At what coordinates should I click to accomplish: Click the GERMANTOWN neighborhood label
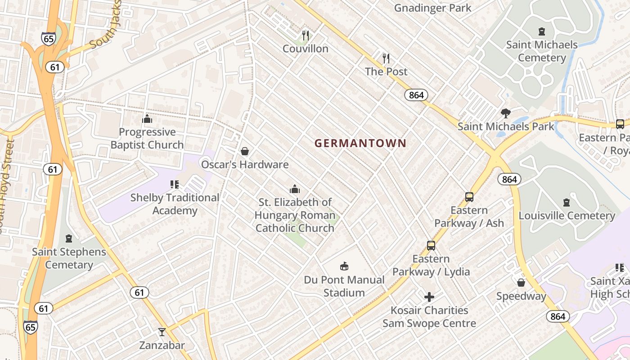pyautogui.click(x=360, y=144)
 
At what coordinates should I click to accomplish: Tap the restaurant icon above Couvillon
pyautogui.click(x=306, y=36)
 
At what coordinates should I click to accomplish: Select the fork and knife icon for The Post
pyautogui.click(x=386, y=58)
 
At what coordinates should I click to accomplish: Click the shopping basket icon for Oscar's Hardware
pyautogui.click(x=245, y=151)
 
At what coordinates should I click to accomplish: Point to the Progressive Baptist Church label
pyautogui.click(x=147, y=138)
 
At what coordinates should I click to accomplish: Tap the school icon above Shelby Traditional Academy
pyautogui.click(x=175, y=184)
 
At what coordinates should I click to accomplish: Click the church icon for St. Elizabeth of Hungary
pyautogui.click(x=295, y=189)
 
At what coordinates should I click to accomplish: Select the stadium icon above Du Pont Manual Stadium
pyautogui.click(x=344, y=266)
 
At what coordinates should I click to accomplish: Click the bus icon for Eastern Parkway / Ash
pyautogui.click(x=469, y=197)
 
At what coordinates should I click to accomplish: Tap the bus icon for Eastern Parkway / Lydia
pyautogui.click(x=431, y=246)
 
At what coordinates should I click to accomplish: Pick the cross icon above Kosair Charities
pyautogui.click(x=429, y=297)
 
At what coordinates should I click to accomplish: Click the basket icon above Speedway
pyautogui.click(x=521, y=283)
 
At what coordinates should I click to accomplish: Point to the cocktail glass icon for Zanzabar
pyautogui.click(x=162, y=332)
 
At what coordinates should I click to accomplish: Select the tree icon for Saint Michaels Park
pyautogui.click(x=506, y=113)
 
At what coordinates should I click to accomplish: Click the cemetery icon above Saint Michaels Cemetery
pyautogui.click(x=542, y=31)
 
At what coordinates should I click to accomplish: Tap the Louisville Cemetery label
pyautogui.click(x=567, y=216)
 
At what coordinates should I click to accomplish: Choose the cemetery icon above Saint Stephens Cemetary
pyautogui.click(x=69, y=238)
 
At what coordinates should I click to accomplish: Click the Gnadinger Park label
pyautogui.click(x=432, y=8)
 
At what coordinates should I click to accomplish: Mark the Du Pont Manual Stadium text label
pyautogui.click(x=344, y=286)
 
